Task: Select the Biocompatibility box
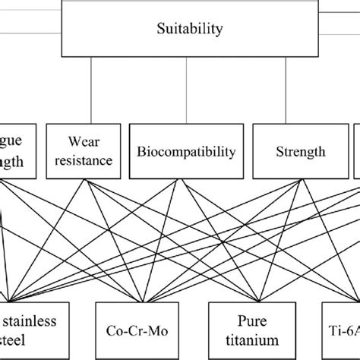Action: pos(186,152)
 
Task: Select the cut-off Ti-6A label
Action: pos(340,330)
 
